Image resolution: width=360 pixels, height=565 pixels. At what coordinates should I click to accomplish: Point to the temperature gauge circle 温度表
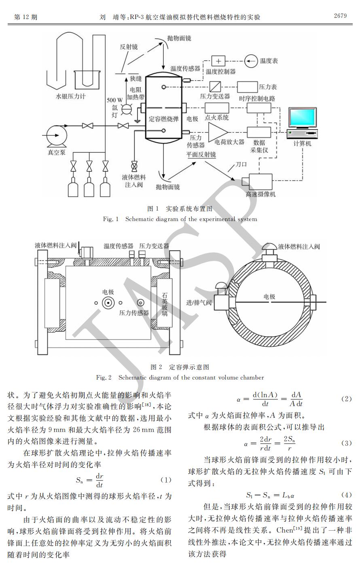click(x=251, y=61)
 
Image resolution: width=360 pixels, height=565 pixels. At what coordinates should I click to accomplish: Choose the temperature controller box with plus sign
click(x=218, y=61)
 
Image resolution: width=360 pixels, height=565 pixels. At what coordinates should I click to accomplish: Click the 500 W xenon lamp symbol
click(x=127, y=109)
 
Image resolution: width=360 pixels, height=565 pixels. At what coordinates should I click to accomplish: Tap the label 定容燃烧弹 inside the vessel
click(x=163, y=118)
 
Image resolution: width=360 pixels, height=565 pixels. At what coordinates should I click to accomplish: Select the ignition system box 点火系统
click(x=217, y=108)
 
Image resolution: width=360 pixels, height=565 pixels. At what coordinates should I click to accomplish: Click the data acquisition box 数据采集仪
click(x=259, y=132)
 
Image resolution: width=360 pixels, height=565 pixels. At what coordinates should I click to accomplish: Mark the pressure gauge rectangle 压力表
click(x=248, y=87)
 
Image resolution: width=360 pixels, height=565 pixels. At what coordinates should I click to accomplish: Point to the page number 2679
click(x=340, y=16)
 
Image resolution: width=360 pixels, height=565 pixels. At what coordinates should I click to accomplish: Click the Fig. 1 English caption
click(x=180, y=219)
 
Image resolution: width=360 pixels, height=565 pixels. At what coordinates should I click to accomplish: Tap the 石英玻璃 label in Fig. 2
click(x=165, y=304)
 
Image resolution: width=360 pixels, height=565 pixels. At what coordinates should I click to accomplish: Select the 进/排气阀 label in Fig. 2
click(x=199, y=302)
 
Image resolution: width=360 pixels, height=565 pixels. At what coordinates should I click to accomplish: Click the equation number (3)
click(x=346, y=443)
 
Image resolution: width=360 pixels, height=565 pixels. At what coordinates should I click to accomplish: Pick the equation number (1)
click(x=166, y=480)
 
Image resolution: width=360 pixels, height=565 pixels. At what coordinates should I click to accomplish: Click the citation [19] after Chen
click(x=298, y=528)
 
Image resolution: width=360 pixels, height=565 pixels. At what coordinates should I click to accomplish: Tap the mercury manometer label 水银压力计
click(x=71, y=96)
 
